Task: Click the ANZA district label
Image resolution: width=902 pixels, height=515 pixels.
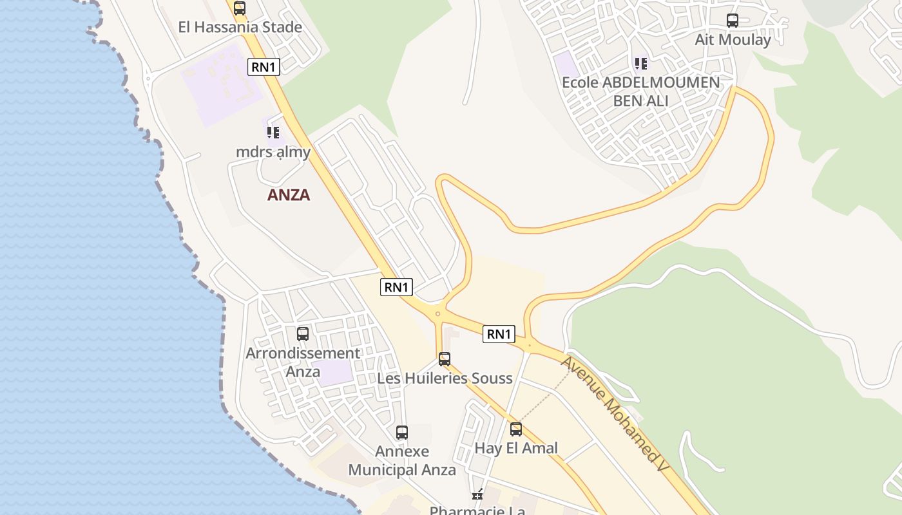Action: [x=289, y=195]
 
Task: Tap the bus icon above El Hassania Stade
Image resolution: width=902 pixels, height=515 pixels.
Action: [x=240, y=8]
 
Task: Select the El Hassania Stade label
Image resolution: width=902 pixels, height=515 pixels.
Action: [x=240, y=27]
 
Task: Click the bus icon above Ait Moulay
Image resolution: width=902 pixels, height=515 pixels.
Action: [x=733, y=21]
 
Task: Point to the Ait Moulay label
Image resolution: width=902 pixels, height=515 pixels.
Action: [x=733, y=40]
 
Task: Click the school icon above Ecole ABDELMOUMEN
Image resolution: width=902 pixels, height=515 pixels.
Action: [x=640, y=64]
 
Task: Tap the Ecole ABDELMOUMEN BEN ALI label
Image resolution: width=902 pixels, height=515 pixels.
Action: [x=640, y=91]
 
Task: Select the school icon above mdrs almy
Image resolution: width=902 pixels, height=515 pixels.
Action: [x=273, y=133]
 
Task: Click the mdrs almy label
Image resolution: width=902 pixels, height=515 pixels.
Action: [x=273, y=153]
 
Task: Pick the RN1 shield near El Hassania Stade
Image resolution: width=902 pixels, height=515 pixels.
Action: [x=264, y=66]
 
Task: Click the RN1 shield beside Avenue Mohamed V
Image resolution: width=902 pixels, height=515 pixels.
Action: [x=499, y=333]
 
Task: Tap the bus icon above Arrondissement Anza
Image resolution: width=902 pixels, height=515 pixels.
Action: [x=303, y=334]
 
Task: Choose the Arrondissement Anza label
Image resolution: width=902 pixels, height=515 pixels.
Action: [x=303, y=362]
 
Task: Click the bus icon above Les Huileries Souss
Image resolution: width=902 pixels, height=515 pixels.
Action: [x=445, y=359]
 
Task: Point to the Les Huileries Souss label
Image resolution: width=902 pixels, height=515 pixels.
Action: [x=445, y=378]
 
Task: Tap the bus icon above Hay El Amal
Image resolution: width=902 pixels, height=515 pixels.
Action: [x=516, y=429]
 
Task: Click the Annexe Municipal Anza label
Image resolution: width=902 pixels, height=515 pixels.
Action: [x=402, y=461]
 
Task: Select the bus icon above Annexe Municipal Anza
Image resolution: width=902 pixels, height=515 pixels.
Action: [x=402, y=433]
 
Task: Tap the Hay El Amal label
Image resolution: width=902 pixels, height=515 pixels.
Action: [x=516, y=448]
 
